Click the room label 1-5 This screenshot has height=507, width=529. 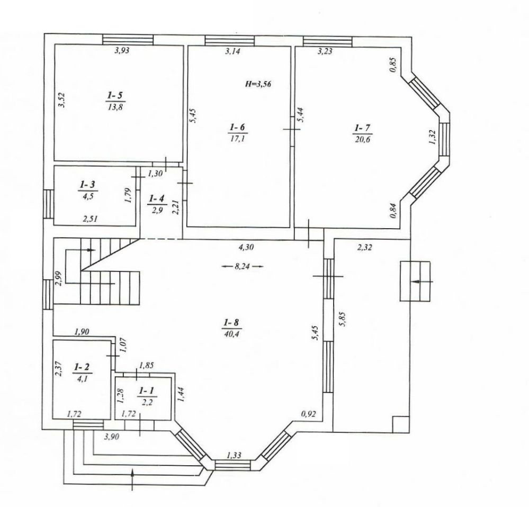pos(115,96)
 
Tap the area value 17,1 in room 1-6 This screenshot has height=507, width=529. pos(237,138)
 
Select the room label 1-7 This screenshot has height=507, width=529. pos(362,128)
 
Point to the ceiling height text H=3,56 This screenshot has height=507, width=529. pos(258,84)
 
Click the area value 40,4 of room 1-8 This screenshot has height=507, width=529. pos(231,334)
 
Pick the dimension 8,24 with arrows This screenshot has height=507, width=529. pos(242,266)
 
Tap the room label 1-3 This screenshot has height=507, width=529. pos(87,184)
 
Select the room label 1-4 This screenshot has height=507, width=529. pos(156,198)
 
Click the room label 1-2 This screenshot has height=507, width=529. pos(82,366)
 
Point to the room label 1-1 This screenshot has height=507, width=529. pos(147,391)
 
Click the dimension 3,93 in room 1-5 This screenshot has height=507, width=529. pos(122,51)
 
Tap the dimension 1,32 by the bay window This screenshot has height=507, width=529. pos(433,137)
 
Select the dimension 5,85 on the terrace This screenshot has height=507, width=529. pos(343,318)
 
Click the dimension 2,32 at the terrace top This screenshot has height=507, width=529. pos(364,248)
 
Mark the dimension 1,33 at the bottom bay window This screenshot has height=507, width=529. pos(234,456)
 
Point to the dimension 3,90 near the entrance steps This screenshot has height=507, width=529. pos(111,437)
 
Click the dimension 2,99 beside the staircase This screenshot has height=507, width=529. pos(59,278)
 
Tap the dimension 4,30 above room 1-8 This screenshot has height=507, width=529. pos(246,247)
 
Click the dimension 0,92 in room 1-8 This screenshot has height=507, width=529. pos(308,414)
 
